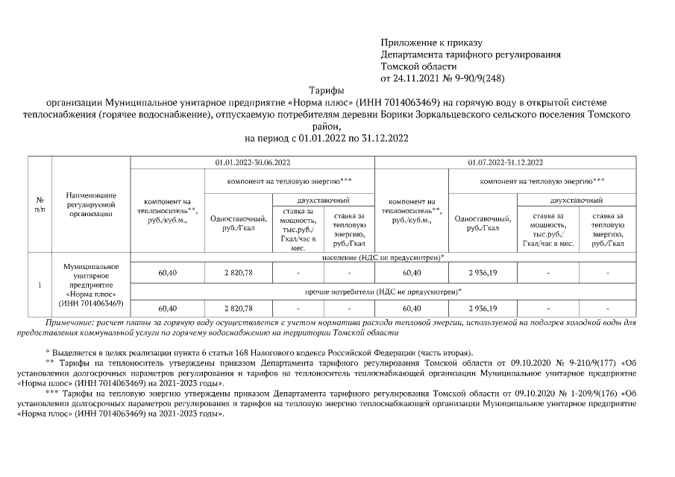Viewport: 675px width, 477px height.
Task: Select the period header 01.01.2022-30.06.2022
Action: click(x=252, y=162)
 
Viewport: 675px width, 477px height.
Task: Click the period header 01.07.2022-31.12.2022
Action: click(x=505, y=162)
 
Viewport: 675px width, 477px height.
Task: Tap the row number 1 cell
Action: click(x=39, y=285)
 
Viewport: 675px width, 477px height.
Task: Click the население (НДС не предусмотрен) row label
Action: click(x=383, y=257)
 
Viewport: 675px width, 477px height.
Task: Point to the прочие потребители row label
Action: click(x=383, y=291)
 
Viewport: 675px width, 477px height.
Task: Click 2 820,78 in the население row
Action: click(x=239, y=274)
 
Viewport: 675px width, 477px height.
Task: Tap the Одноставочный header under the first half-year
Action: click(x=239, y=223)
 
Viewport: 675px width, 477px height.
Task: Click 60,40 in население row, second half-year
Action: click(x=412, y=274)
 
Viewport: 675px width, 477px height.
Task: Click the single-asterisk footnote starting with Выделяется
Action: click(x=258, y=351)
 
